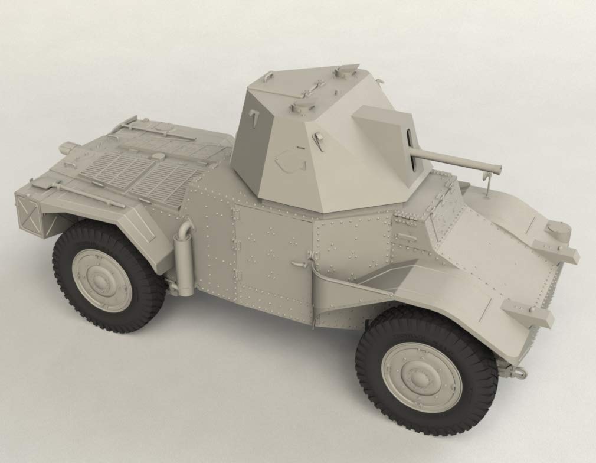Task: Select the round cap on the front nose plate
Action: [x=557, y=227]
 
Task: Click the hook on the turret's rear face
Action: [x=253, y=119]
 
